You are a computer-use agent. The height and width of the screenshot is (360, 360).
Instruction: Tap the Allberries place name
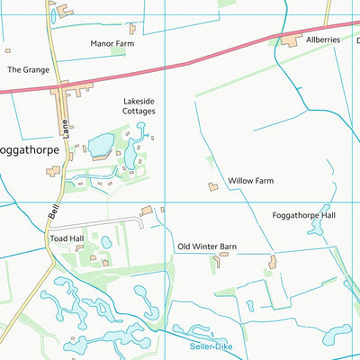pos(323,40)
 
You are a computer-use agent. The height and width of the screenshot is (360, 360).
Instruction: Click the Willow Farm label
pos(250,181)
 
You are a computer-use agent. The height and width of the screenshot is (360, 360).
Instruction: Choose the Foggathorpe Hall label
pos(303,216)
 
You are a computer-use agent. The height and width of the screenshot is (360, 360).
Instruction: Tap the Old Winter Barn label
pos(207,246)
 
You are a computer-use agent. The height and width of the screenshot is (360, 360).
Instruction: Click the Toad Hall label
pos(67,238)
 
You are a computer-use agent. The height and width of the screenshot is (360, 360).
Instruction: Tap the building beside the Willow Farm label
pos(213,186)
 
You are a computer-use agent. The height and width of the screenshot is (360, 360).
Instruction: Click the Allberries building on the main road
pos(291,40)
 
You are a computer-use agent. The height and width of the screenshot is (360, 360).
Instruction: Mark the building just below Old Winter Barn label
pos(220,262)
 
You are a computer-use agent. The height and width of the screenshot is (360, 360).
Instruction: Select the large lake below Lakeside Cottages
pos(100,144)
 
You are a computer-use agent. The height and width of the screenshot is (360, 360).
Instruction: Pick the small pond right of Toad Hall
pos(106,241)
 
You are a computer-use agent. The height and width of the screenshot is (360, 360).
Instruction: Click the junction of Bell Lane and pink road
pos(61,88)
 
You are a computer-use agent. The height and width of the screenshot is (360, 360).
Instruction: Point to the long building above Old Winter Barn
pos(147,211)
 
